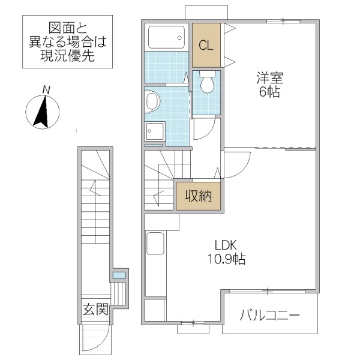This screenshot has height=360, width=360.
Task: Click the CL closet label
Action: [205, 45]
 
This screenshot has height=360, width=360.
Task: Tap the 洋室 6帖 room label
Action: [269, 85]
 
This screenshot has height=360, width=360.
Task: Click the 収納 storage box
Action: [198, 196]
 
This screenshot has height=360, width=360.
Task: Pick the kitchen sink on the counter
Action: [155, 244]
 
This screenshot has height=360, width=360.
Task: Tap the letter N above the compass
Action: [46, 90]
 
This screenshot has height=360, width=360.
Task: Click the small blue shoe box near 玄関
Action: [119, 275]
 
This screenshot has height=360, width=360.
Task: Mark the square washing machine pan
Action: [155, 131]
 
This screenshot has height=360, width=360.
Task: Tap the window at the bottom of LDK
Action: [193, 324]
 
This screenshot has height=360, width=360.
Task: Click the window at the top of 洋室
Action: [283, 21]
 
